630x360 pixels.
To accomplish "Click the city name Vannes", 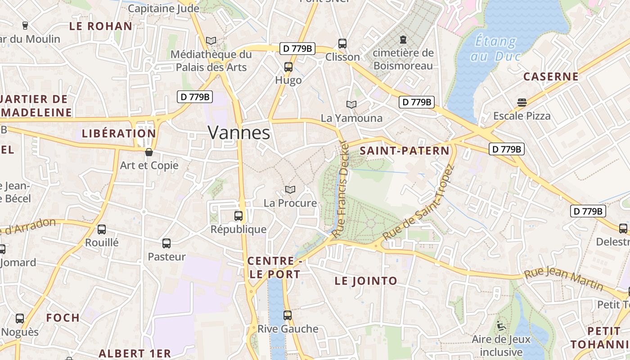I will point(239,133).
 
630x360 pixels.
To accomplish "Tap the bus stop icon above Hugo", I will point(288,67).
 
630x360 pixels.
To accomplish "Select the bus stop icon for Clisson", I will point(342,44).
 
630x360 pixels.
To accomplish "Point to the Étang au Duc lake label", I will point(495,49).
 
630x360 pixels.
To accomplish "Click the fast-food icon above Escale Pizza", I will point(522,103).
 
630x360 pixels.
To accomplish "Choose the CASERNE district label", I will point(551,76).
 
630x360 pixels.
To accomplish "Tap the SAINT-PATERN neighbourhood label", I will point(405,151).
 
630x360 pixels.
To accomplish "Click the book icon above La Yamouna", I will point(351,104).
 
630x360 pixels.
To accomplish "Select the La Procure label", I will point(290,203).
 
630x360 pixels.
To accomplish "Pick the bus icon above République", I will point(238,216).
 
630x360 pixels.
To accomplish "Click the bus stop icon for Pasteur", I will point(166,243).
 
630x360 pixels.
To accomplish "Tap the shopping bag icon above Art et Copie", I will point(149,152).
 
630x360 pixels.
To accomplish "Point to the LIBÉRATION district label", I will point(119,134).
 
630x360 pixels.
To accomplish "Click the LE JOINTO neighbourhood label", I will point(366,281).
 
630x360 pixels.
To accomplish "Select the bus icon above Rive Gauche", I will point(288,315).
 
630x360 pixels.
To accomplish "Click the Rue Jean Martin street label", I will point(564,278).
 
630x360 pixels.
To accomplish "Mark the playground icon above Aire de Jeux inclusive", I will point(501,325).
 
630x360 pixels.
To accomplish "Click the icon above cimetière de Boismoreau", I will point(403,39).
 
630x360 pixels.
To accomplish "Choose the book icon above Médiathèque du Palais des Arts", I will point(211,40).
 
